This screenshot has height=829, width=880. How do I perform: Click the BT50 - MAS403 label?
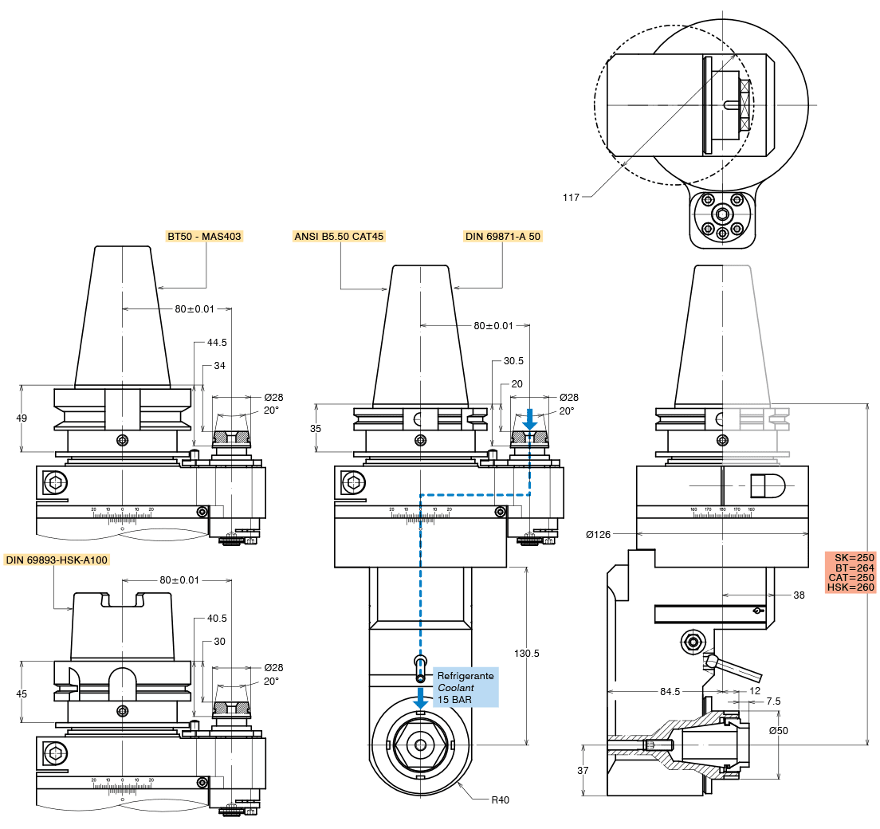[204, 237]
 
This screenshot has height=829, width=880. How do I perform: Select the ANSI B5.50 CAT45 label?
[340, 237]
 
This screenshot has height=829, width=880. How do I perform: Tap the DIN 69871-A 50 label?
[503, 237]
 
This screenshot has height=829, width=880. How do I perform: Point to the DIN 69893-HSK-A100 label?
[56, 560]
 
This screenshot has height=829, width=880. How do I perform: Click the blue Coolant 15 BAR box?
[466, 687]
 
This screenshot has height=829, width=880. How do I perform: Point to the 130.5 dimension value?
[526, 654]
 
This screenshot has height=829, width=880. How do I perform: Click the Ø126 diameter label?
[599, 534]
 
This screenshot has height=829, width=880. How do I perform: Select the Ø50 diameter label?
[779, 731]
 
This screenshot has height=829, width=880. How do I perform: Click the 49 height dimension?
[22, 418]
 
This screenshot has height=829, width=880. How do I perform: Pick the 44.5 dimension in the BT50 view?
[217, 343]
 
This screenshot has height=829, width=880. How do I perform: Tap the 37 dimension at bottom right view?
[583, 770]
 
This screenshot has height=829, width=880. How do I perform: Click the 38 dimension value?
[799, 595]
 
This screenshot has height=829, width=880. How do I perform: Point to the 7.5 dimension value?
[773, 701]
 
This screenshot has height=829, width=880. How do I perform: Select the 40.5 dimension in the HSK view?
[217, 618]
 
